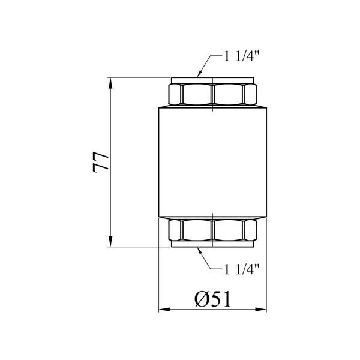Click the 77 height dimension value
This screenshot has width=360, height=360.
[x=100, y=162]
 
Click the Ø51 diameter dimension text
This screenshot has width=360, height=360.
[x=212, y=299]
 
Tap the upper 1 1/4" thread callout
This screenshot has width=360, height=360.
[x=242, y=56]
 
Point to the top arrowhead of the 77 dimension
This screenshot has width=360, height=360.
[x=110, y=83]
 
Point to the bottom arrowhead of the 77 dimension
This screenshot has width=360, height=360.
[x=110, y=241]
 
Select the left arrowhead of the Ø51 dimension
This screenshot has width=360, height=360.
[x=164, y=309]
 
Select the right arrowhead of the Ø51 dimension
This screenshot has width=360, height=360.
[x=261, y=309]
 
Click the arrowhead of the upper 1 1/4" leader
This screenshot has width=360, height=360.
[x=199, y=73]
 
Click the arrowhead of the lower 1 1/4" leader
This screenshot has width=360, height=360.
[x=199, y=251]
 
